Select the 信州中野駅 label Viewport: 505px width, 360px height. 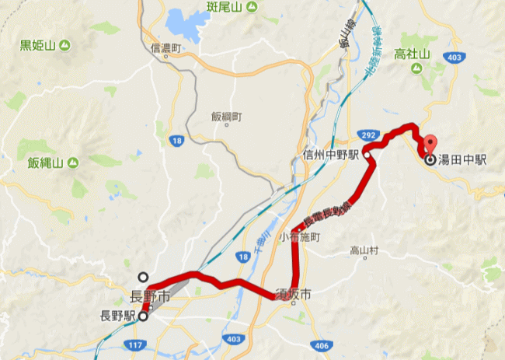coord(331,156)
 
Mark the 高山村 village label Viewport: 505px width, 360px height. coord(363,250)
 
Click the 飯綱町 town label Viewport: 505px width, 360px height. coord(226,117)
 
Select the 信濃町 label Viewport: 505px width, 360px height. coord(165,48)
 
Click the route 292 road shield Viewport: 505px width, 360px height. coord(371,135)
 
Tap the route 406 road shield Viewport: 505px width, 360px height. coord(322,344)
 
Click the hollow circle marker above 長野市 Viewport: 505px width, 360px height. coord(143,276)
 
